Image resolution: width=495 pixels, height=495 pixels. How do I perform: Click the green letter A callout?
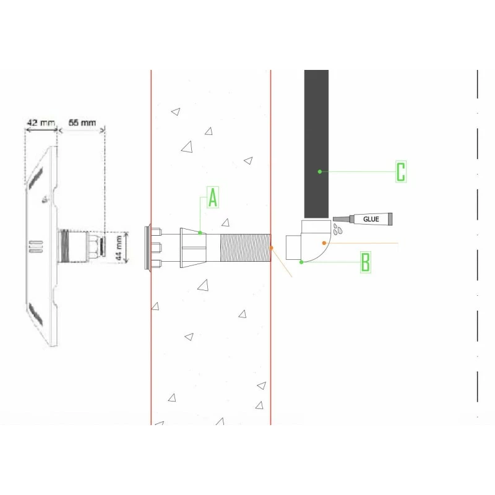pyautogui.click(x=213, y=197)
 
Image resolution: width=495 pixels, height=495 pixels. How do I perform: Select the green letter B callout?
pyautogui.click(x=366, y=262)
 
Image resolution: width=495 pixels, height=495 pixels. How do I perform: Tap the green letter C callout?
pyautogui.click(x=400, y=172)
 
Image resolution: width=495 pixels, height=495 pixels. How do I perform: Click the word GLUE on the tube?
pyautogui.click(x=371, y=219)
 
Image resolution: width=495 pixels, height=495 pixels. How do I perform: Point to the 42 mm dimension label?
pyautogui.click(x=41, y=123)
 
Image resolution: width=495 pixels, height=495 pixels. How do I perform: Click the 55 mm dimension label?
pyautogui.click(x=82, y=123)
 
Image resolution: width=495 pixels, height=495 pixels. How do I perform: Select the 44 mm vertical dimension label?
pyautogui.click(x=119, y=248)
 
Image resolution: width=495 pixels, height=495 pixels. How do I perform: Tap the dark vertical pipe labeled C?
pyautogui.click(x=316, y=144)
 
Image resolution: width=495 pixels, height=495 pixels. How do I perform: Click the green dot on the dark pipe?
pyautogui.click(x=320, y=172)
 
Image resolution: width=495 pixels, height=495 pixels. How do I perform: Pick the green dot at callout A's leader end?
pyautogui.click(x=200, y=233)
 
